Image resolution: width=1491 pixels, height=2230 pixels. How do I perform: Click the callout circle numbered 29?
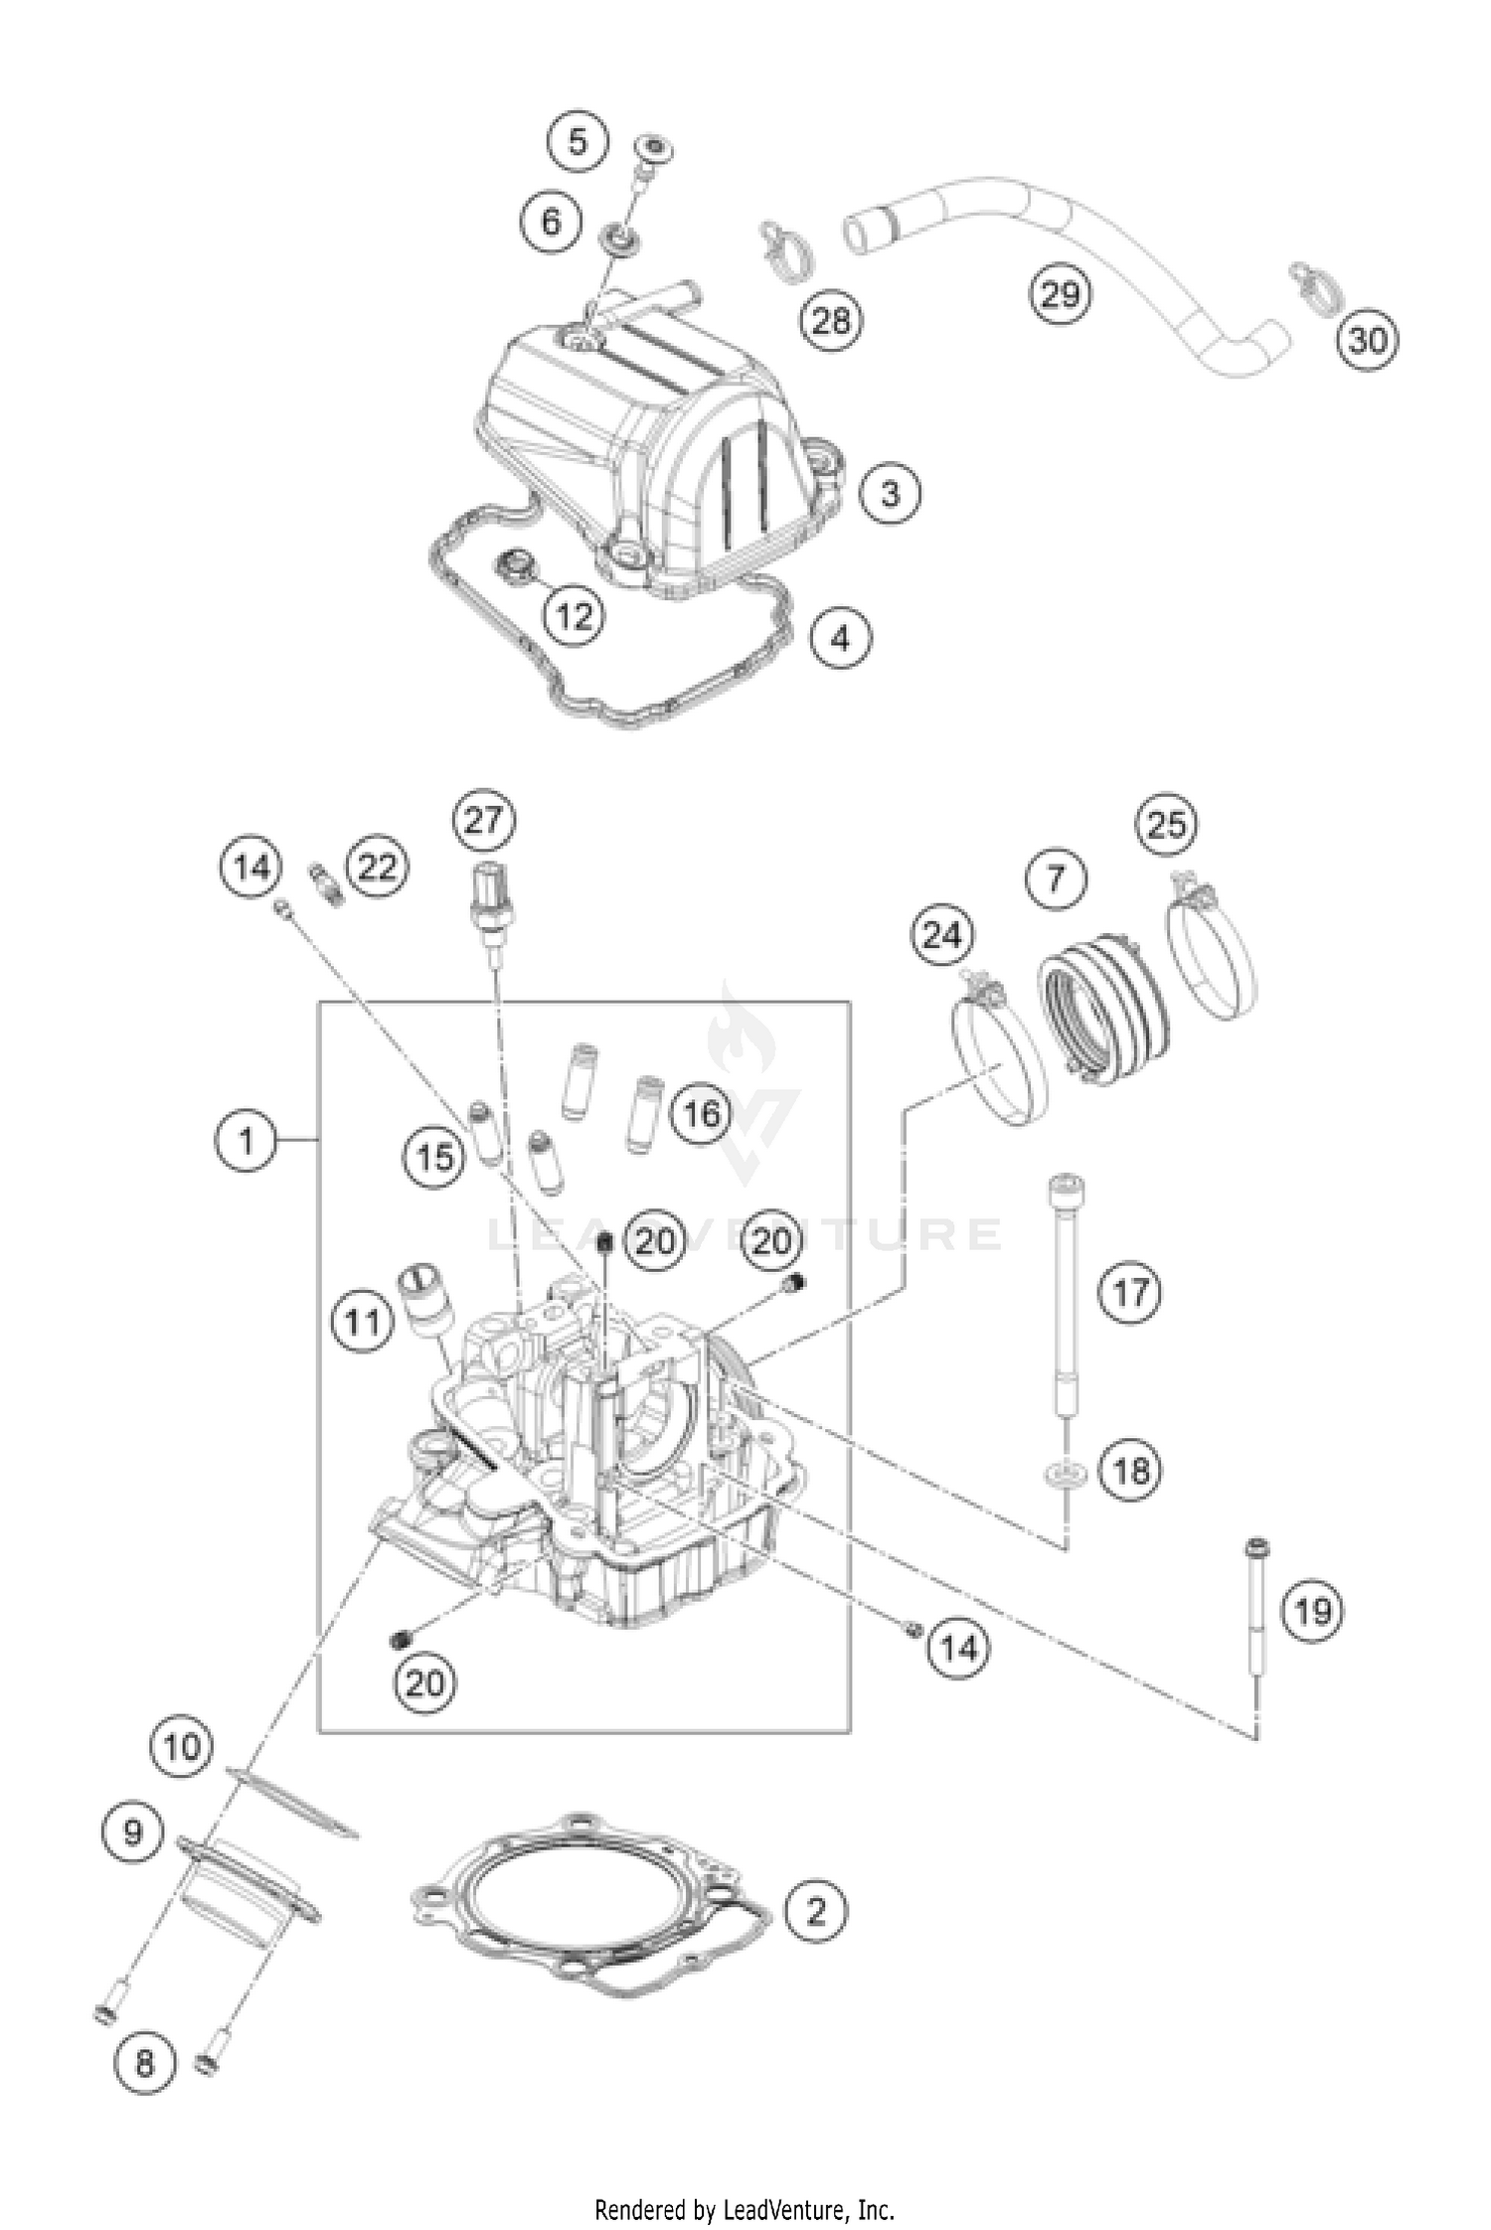pyautogui.click(x=1060, y=294)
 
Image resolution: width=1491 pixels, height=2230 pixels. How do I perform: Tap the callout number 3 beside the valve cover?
pyautogui.click(x=890, y=493)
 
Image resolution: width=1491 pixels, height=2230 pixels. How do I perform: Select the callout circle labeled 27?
pyautogui.click(x=484, y=821)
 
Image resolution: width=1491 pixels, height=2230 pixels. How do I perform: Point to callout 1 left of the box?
pyautogui.click(x=246, y=1141)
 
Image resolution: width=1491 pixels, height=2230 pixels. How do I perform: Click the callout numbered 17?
pyautogui.click(x=1129, y=1293)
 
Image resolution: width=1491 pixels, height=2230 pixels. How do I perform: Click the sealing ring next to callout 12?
pyautogui.click(x=517, y=565)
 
